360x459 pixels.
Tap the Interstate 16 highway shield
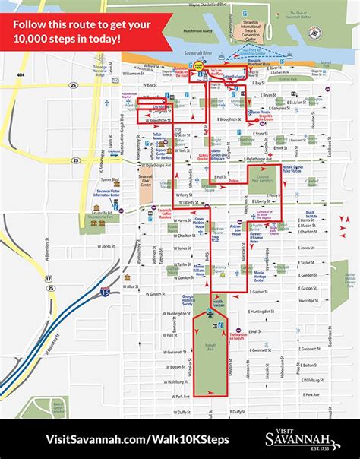pyautogui.click(x=104, y=290)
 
